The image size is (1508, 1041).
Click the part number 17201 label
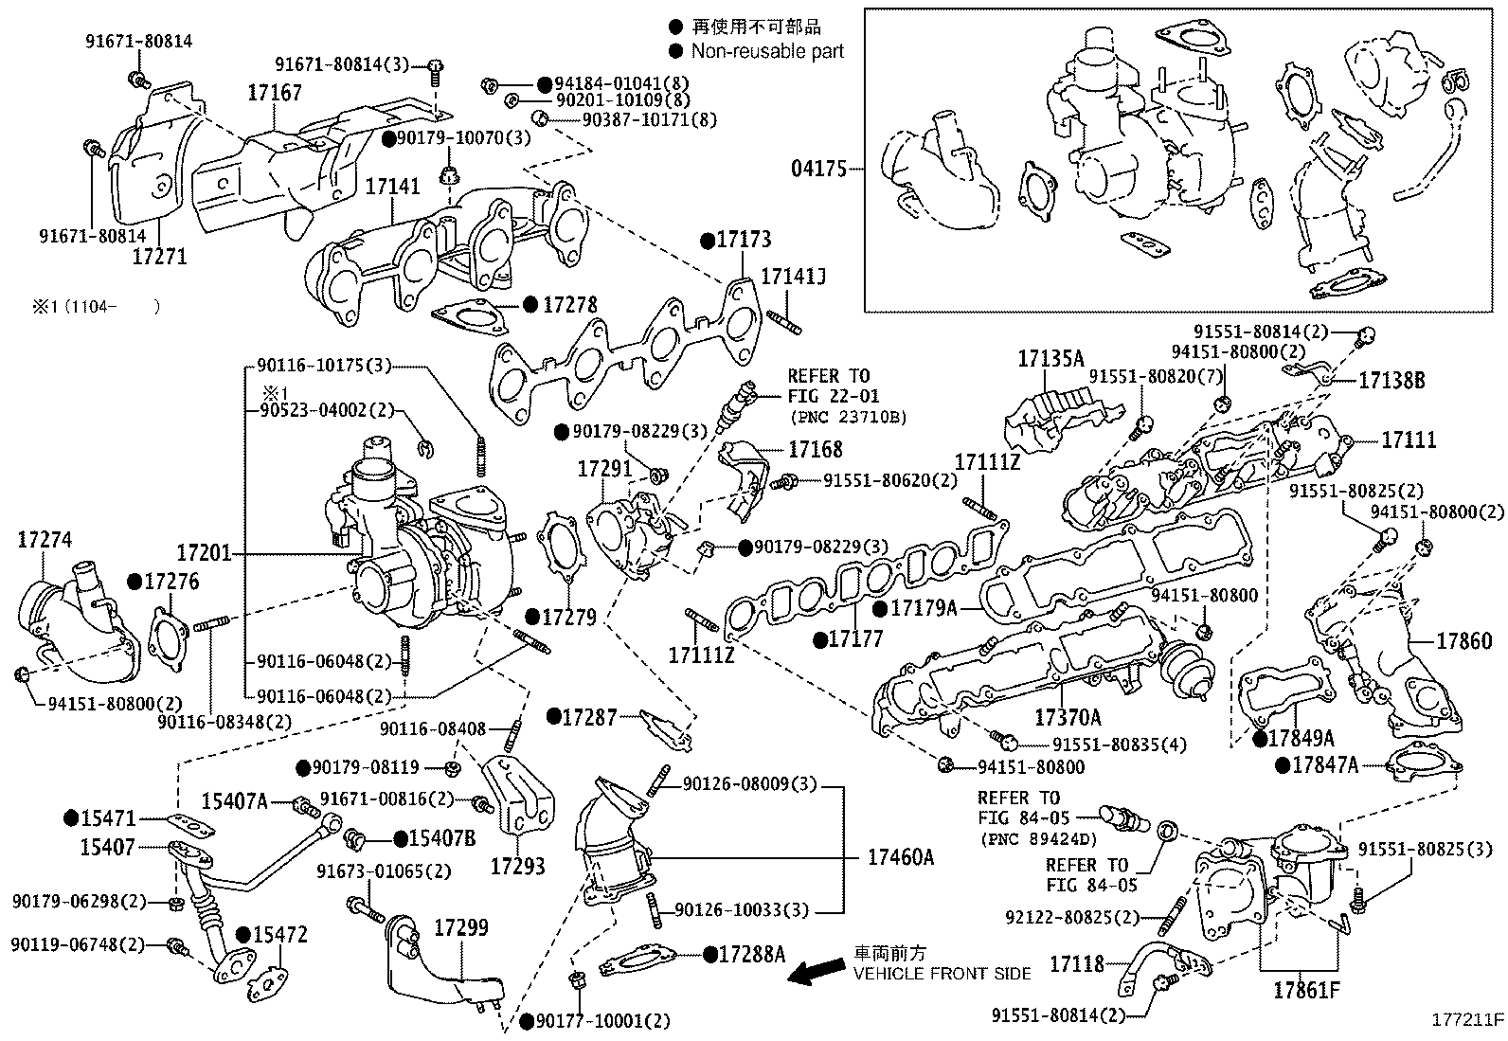pos(204,552)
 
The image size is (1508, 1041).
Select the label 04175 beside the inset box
pos(818,171)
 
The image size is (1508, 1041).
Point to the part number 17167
pos(275,93)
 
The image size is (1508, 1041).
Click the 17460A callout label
pos(900,858)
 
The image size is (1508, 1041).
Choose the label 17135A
pos(1050,359)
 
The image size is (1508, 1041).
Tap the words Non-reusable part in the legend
pos(767,51)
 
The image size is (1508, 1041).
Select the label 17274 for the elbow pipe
pos(45,540)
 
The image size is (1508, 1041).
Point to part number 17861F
pos(1306,992)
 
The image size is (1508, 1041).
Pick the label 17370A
pos(1068,717)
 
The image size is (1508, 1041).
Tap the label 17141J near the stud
pos(794,278)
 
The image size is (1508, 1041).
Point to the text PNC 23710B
pos(848,417)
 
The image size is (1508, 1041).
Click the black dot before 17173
pos(707,241)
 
